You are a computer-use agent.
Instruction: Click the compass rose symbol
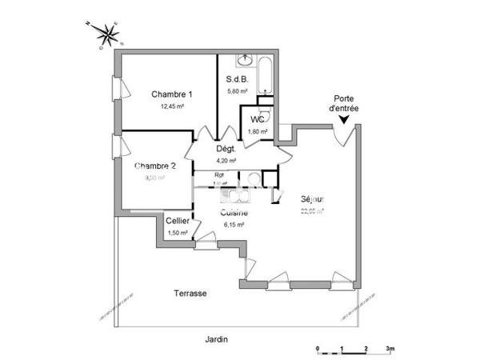point(107,34)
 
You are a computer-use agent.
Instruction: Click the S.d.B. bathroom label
point(237,79)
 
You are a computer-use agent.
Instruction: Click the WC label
point(258,119)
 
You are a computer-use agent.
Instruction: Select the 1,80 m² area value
point(258,131)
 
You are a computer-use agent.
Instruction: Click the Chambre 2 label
point(154,166)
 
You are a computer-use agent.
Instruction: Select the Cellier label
point(177,221)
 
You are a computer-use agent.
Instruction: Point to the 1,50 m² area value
point(177,233)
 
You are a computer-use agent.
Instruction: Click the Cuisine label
point(234,213)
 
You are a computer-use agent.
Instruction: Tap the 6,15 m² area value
point(234,225)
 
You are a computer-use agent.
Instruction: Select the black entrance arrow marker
point(343,120)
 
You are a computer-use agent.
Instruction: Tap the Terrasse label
point(191,294)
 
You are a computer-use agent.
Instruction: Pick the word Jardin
point(214,339)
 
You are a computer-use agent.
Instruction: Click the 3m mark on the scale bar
point(389,350)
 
